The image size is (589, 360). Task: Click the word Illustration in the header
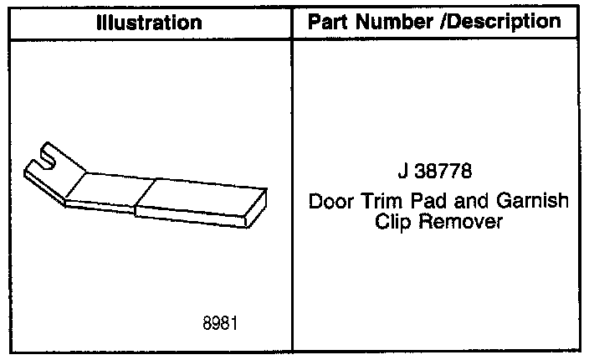point(149,22)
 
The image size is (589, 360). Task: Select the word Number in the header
point(392,21)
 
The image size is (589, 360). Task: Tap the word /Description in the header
point(500,21)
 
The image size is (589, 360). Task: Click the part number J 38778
point(435,175)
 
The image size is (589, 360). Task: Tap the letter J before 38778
point(402,175)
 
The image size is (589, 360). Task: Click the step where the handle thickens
point(137,204)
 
